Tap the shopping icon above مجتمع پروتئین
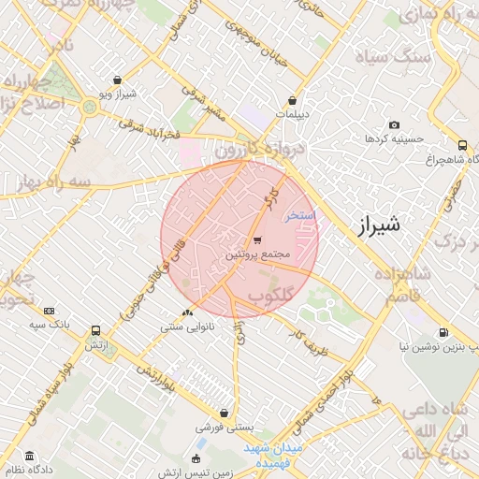coord(257,239)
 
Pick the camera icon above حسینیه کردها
coord(394,125)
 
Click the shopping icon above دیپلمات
coord(293,100)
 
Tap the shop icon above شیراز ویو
coord(116,80)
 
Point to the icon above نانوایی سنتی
coord(188,313)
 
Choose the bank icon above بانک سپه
coord(50,311)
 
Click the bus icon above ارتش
coord(95,331)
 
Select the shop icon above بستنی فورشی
coord(225,413)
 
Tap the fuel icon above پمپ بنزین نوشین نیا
coord(443,332)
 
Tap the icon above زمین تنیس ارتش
coord(196,457)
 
